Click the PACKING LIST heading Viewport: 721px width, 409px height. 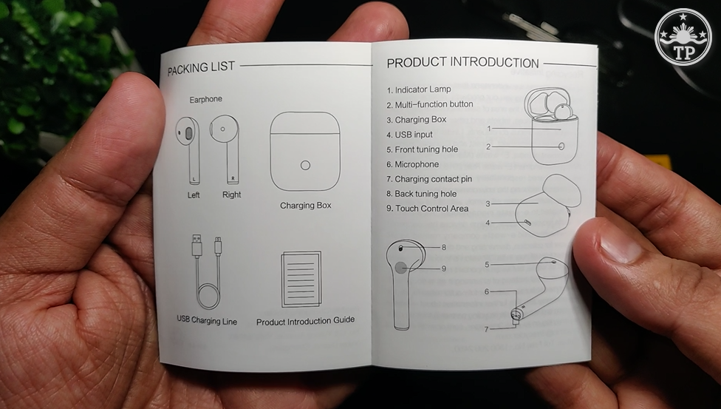[201, 68]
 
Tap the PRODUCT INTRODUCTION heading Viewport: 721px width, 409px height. [462, 63]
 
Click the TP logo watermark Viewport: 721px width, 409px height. [683, 37]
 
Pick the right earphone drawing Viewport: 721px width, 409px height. [226, 149]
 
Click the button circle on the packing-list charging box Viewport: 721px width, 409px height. [305, 166]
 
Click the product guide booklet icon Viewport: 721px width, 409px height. [301, 279]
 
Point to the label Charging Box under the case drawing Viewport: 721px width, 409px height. [306, 206]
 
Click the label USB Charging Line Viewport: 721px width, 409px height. [207, 320]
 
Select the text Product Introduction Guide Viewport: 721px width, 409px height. [305, 321]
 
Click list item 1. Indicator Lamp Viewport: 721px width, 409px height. [419, 89]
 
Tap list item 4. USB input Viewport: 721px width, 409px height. [409, 135]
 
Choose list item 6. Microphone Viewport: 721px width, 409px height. [412, 164]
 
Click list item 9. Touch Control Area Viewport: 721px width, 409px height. [427, 209]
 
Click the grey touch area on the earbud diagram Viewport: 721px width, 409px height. [401, 268]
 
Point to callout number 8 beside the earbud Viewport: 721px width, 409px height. [444, 248]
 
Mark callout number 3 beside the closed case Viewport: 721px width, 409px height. [488, 203]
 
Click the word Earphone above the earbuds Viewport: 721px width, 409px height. [205, 99]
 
